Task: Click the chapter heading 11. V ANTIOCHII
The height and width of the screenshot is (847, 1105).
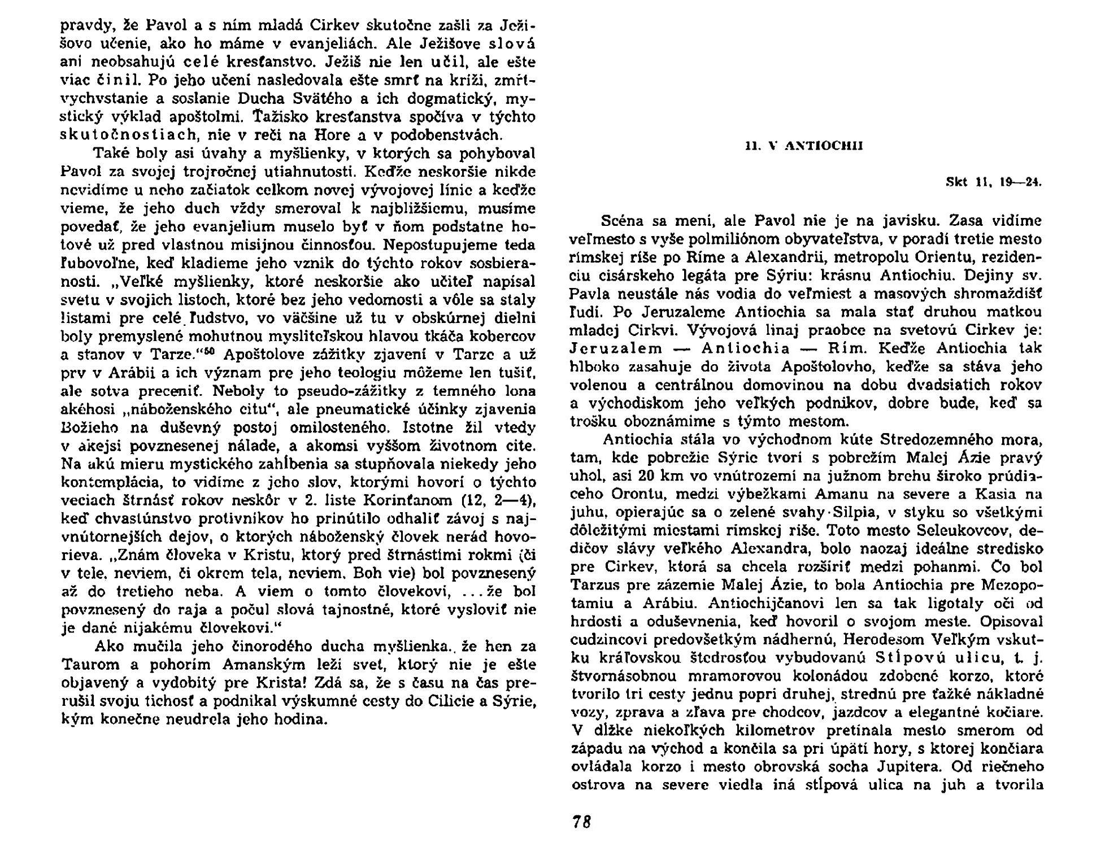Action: [804, 146]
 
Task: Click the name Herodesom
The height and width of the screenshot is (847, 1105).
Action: [861, 639]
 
